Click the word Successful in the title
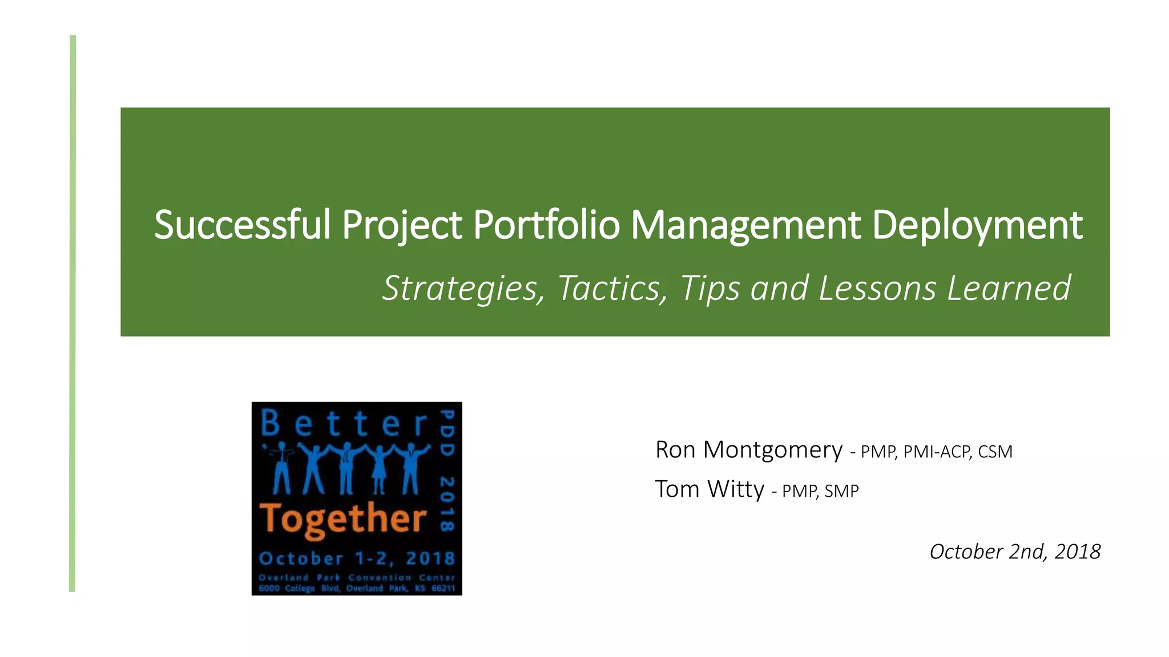pos(243,225)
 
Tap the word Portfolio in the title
pos(546,225)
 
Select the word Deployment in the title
pos(977,225)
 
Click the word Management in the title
pos(745,225)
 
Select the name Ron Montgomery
pos(748,450)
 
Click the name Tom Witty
pos(709,489)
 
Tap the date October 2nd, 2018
pos(1015,551)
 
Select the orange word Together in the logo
pos(343,518)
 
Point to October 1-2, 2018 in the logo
pos(357,558)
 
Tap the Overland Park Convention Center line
pos(357,577)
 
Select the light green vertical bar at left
pos(72,314)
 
